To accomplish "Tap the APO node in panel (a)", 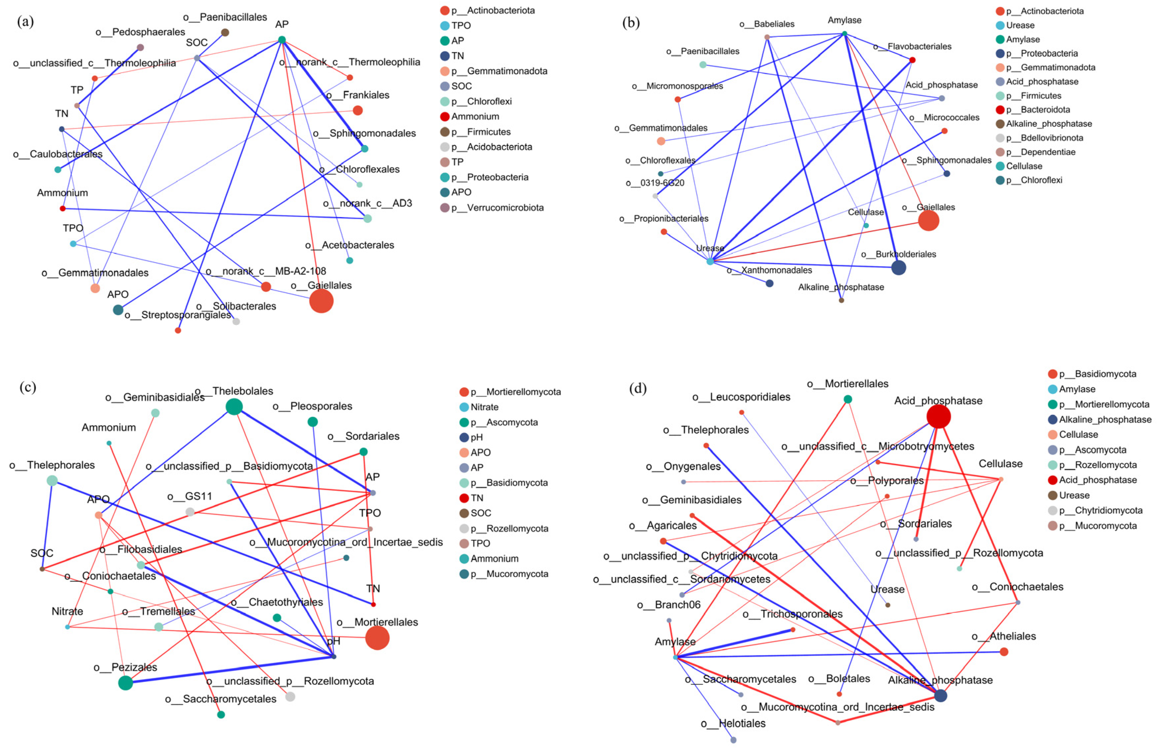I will (118, 309).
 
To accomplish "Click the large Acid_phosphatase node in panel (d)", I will (938, 416).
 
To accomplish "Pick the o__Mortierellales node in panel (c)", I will (377, 637).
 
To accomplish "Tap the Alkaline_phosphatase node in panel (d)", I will (940, 696).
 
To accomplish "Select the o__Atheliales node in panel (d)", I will (1004, 652).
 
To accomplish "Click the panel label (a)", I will (25, 22).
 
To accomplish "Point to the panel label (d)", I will (638, 388).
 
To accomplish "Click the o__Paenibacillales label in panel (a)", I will (225, 17).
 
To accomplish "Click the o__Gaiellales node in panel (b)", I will (928, 221).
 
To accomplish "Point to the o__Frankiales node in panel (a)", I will (357, 110).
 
